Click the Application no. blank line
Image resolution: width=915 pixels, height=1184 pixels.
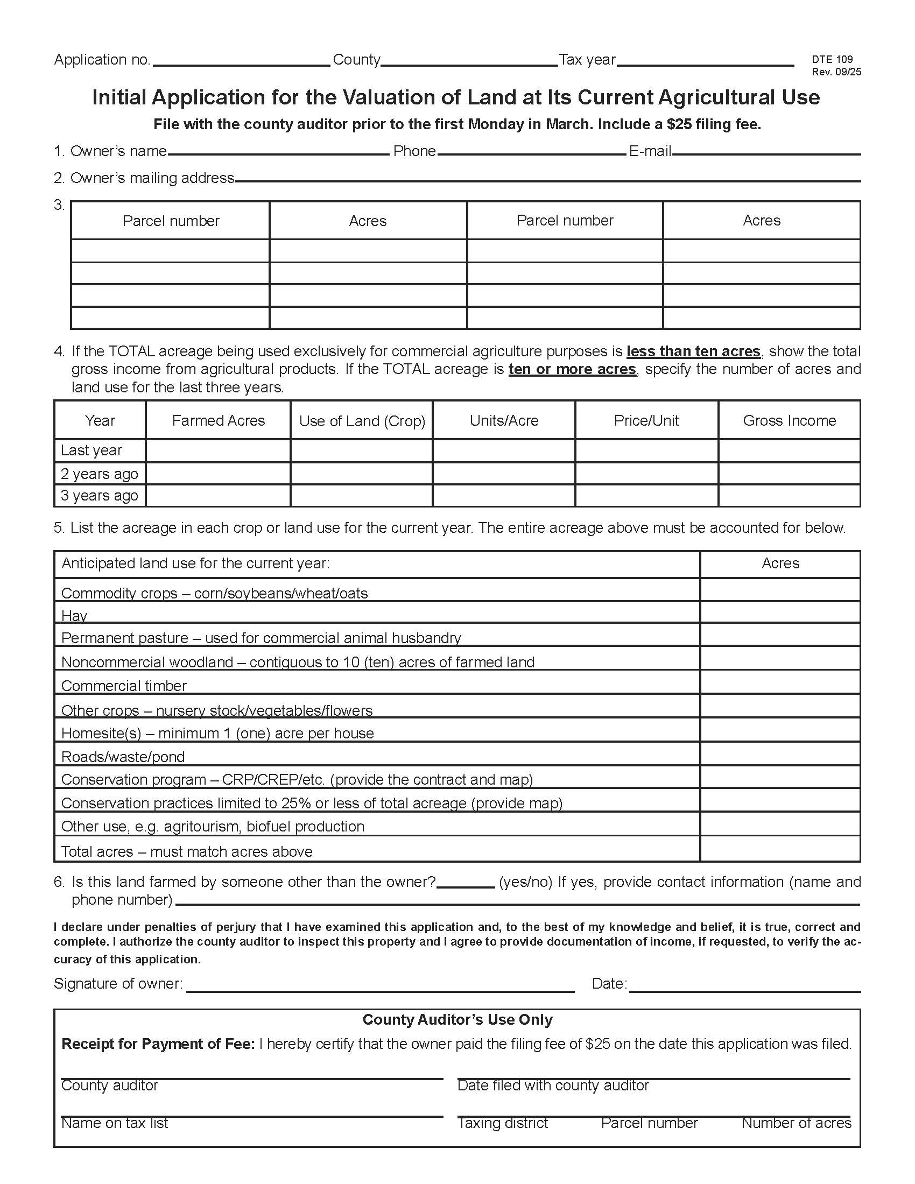tap(241, 61)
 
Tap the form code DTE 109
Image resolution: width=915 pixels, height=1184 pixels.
tap(832, 59)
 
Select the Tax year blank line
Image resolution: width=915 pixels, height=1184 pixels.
tap(705, 61)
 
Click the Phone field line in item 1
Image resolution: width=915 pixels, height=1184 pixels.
tap(531, 151)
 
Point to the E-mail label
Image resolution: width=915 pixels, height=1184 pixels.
tap(650, 151)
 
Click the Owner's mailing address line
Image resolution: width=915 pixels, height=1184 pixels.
tap(547, 177)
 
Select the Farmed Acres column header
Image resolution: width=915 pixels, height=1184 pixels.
tap(218, 421)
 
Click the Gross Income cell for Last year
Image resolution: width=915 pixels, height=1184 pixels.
tap(789, 450)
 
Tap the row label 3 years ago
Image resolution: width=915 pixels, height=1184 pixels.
tap(99, 496)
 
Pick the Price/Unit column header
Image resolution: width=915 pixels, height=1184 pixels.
tap(646, 421)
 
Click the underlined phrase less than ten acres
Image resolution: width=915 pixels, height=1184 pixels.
tap(693, 351)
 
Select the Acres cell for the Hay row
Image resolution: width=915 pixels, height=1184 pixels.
tap(779, 612)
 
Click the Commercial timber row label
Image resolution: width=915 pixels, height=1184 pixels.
tap(124, 686)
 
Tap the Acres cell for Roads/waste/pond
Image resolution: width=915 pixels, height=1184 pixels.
tap(779, 754)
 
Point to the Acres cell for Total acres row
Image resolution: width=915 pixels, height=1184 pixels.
tap(779, 849)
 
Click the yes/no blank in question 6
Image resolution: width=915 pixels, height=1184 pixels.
tap(465, 883)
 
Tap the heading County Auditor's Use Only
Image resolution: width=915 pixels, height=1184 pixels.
tap(457, 1020)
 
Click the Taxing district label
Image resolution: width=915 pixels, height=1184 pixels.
tap(503, 1123)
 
